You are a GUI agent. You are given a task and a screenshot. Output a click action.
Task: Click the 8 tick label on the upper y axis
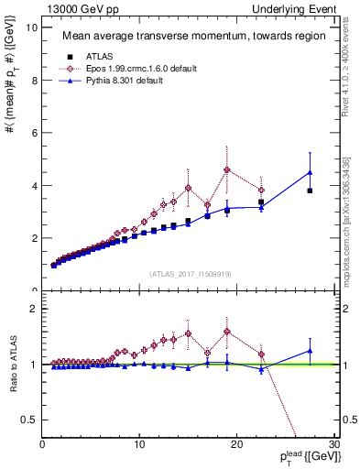pyautogui.click(x=35, y=81)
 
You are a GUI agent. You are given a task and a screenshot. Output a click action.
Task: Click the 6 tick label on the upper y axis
pyautogui.click(x=35, y=133)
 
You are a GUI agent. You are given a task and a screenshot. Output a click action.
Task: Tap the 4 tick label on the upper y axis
pyautogui.click(x=35, y=186)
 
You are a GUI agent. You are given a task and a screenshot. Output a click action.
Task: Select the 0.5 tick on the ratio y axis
pyautogui.click(x=32, y=420)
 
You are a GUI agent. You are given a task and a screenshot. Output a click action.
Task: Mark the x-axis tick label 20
pyautogui.click(x=236, y=445)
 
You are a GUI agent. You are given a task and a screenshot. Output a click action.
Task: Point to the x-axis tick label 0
pyautogui.click(x=43, y=445)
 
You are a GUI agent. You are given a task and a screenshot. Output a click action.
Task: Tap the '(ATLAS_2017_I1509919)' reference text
pyautogui.click(x=190, y=273)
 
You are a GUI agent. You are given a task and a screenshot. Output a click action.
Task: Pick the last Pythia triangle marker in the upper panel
pyautogui.click(x=310, y=172)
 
